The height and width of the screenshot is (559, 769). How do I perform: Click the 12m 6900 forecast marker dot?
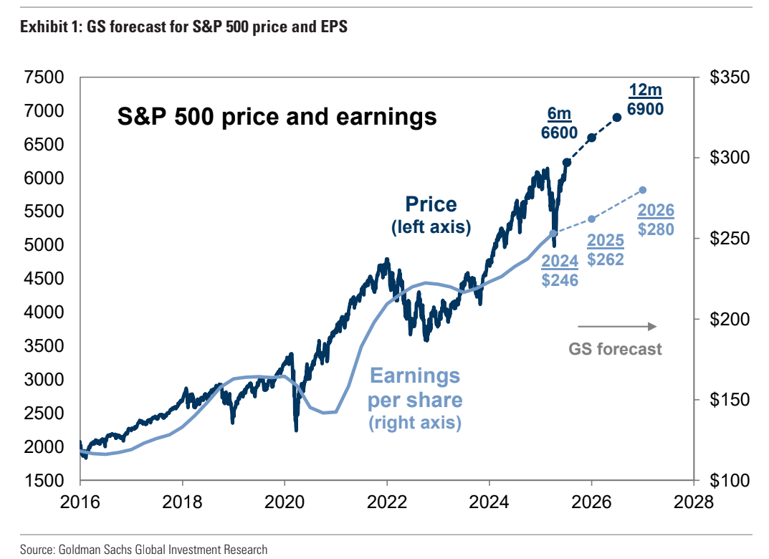616,118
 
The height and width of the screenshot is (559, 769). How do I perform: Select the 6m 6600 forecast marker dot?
591,138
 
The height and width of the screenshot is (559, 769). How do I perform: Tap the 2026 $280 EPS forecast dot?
643,190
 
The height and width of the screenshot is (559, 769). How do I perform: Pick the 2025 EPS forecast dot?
592,219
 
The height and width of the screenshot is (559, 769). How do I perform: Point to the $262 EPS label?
606,259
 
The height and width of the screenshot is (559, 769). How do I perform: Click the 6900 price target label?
645,109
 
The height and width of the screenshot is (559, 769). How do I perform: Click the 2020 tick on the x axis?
285,500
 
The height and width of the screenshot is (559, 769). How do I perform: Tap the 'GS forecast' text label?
616,350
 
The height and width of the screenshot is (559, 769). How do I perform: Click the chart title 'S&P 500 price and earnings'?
277,115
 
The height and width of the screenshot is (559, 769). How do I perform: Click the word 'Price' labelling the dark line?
431,204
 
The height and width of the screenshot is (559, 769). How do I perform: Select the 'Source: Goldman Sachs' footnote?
143,550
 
